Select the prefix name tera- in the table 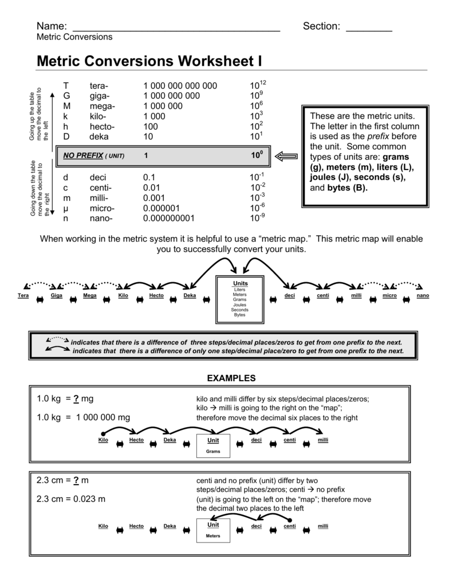pos(99,86)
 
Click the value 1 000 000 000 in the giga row pos(171,96)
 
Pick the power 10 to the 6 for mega pos(256,105)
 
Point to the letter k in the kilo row pos(66,116)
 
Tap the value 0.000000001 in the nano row pos(169,218)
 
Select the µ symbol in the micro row pos(66,208)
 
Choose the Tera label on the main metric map pos(23,295)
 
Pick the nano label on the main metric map pos(423,295)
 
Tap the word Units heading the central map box pos(239,284)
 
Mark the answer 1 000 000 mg pos(102,418)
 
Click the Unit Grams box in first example pos(213,446)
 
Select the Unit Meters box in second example pos(213,530)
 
